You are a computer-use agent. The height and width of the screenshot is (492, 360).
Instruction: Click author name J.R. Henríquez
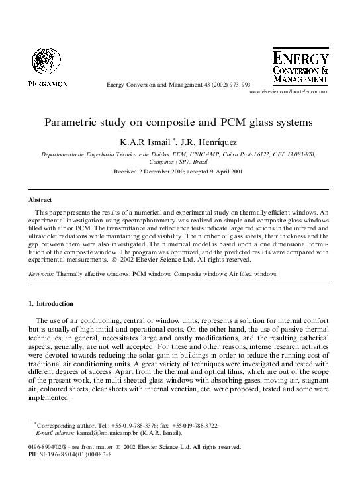click(202, 141)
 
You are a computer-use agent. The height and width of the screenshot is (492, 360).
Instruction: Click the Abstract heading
click(40, 199)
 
